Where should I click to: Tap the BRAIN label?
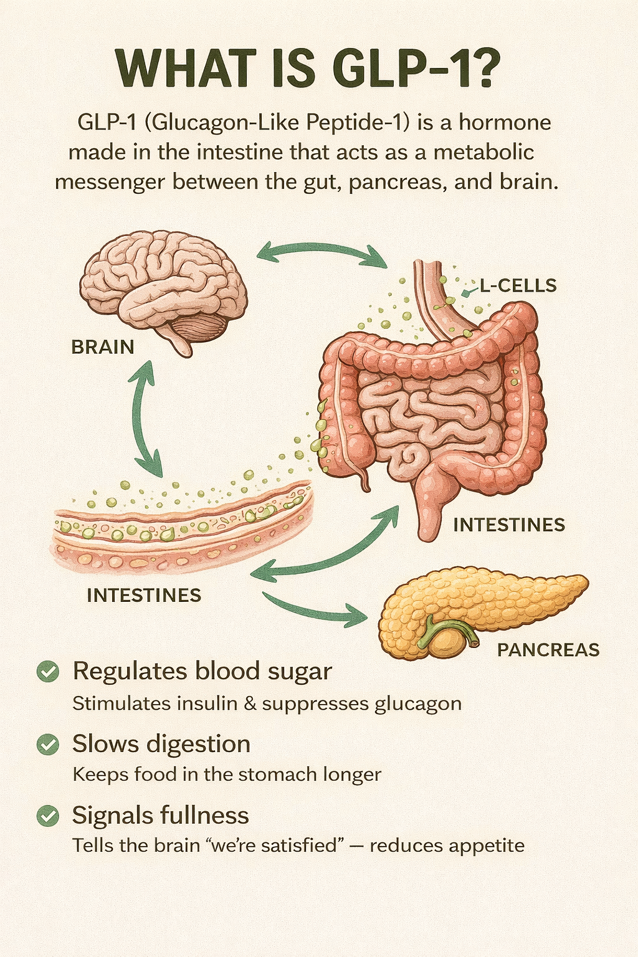click(103, 346)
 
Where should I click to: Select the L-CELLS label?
click(518, 285)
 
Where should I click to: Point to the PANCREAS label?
click(548, 650)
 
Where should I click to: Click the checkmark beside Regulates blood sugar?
click(48, 672)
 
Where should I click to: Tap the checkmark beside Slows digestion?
click(48, 744)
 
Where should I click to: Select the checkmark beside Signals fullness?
click(48, 816)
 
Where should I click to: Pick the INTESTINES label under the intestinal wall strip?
click(144, 595)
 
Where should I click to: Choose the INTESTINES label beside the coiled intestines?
click(509, 525)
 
